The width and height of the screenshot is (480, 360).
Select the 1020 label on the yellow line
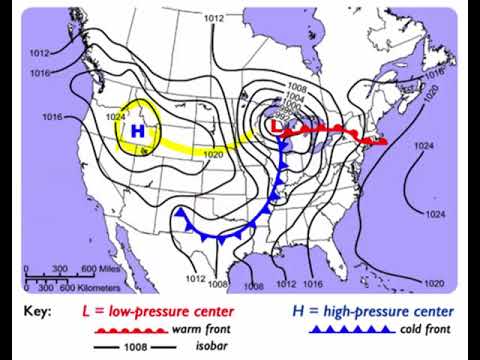[x=213, y=153]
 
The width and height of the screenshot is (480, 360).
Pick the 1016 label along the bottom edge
[x=317, y=257]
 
